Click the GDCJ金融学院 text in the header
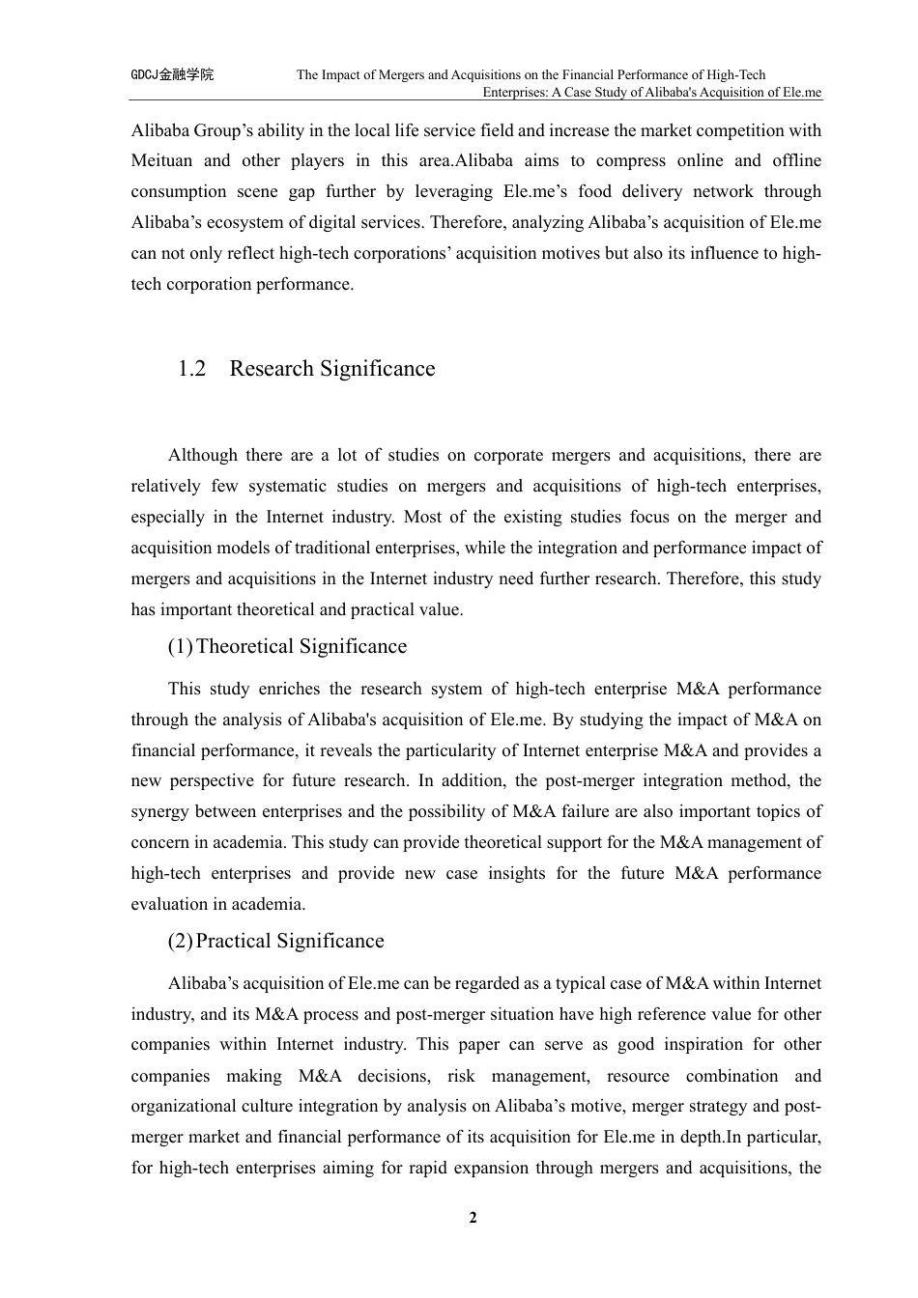[172, 74]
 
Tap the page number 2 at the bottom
[473, 1218]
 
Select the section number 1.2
[192, 369]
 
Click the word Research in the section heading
[272, 369]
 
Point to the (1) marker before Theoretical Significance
[180, 647]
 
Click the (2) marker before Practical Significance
[180, 942]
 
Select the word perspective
[211, 781]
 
